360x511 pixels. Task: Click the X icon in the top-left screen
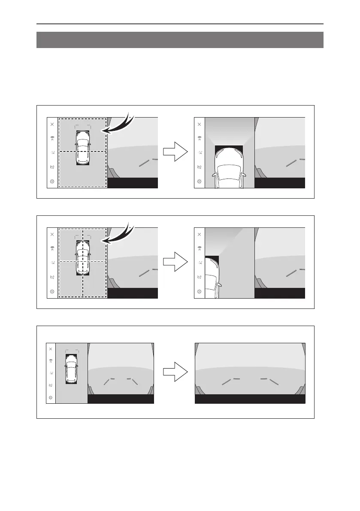pos(52,124)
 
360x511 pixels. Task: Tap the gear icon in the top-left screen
pos(52,181)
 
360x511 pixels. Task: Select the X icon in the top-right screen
pos(200,124)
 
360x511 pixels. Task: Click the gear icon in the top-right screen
pos(200,181)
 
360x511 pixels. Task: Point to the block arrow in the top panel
pos(175,152)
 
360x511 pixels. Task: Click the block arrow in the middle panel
pos(175,263)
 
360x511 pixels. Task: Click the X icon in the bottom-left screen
pos(51,349)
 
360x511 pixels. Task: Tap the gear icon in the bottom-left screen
pos(51,397)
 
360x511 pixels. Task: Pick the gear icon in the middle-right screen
pos(200,292)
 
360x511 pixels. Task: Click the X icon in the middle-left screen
pos(52,234)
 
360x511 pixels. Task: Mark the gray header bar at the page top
pos(180,39)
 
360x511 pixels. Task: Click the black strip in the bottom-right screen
pos(250,399)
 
